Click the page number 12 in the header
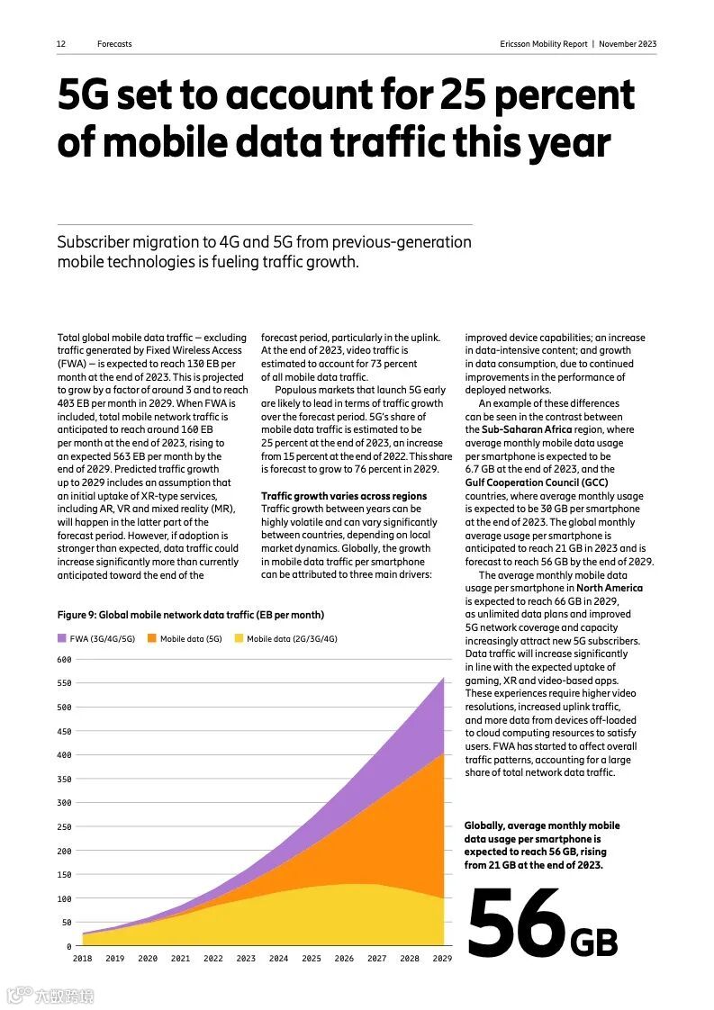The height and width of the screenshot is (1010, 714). (x=61, y=44)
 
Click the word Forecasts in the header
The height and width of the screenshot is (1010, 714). (x=114, y=44)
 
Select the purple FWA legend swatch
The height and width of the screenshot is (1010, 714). (x=62, y=638)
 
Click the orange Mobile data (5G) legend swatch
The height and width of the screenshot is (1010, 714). (x=152, y=638)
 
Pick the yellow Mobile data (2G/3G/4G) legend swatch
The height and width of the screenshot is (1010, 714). (x=239, y=638)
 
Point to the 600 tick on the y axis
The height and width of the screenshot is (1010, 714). (x=64, y=659)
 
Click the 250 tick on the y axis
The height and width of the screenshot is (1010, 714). (x=64, y=826)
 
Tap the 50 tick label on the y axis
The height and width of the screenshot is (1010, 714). (x=66, y=923)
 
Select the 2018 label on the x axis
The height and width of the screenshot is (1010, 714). (x=82, y=959)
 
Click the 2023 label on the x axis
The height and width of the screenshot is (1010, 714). (x=246, y=959)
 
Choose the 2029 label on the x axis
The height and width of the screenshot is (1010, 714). (x=442, y=959)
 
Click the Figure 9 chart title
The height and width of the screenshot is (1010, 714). (x=190, y=615)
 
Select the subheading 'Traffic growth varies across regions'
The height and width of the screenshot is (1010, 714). (x=344, y=496)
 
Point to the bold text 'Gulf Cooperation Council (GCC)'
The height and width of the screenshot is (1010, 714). (x=537, y=482)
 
